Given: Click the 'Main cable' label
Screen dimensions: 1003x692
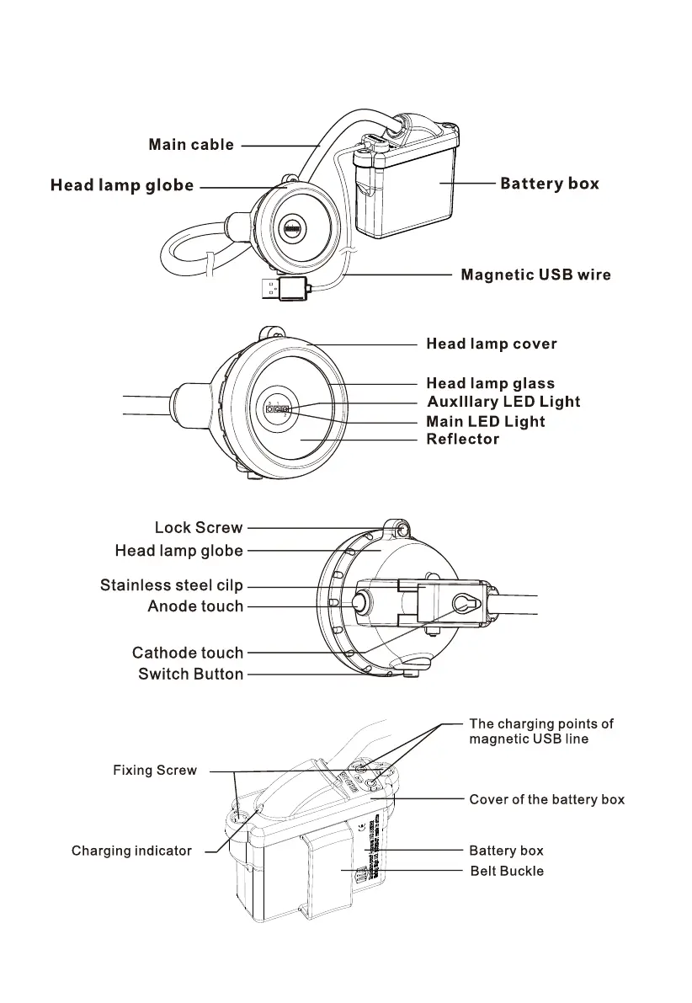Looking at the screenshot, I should coord(191,145).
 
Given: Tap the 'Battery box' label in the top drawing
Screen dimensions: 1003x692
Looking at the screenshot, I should coord(549,184).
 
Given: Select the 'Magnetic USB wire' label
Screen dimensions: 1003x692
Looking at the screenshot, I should coord(535,275).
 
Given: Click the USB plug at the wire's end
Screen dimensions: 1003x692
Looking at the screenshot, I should coord(279,290).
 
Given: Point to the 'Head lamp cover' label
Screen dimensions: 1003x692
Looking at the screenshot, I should coord(491,344).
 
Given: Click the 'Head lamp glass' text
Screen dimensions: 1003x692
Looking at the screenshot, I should coord(490,384).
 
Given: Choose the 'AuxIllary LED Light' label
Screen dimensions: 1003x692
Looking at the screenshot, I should coord(503,402).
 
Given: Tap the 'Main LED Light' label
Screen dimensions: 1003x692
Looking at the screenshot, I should coord(485,421).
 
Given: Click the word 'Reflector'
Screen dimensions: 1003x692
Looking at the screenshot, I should coord(462,439).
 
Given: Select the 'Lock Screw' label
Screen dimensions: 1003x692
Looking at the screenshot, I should coord(198,528).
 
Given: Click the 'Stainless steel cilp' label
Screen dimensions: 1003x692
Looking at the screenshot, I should coord(171,585).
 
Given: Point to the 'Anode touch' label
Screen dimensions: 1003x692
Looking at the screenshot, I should coord(194,606).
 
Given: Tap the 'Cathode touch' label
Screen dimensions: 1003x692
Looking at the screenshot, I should coord(187,653).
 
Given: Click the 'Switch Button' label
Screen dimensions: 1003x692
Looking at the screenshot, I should coord(190,674).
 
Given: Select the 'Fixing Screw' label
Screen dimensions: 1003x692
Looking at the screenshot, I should coord(155,771).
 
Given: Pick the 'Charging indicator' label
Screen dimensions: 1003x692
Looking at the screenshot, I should coord(131,851).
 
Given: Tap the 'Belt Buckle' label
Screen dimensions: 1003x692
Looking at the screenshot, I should coord(506,871).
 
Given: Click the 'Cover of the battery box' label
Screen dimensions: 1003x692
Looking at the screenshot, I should coord(546,799).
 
